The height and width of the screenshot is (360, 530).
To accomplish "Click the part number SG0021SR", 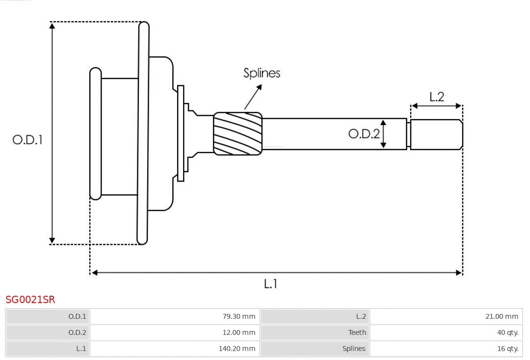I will tap(30, 299).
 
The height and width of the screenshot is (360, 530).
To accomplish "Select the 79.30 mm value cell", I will tap(175, 316).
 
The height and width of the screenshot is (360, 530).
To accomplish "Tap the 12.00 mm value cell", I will tap(175, 333).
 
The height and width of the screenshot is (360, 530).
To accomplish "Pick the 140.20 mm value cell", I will tap(175, 349).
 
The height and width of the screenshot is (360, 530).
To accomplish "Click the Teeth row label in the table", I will tap(315, 333).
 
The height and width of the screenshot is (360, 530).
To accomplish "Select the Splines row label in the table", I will tap(315, 349).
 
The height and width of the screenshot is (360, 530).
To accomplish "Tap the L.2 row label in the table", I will tap(315, 316).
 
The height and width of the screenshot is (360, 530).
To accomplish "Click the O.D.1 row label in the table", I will tap(48, 316).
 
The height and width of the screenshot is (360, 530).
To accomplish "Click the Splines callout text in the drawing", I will tap(262, 73).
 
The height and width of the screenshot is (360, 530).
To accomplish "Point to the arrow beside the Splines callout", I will tap(253, 97).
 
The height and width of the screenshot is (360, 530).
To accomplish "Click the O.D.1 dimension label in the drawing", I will tap(27, 140).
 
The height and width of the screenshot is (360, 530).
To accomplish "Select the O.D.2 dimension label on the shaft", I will tap(364, 133).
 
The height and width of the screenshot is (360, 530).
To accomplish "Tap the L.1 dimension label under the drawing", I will tap(270, 283).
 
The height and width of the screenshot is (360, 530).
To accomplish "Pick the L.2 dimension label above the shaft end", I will tap(436, 97).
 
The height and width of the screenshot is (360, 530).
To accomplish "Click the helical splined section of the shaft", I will tap(238, 133).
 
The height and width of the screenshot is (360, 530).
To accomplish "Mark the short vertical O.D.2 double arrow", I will tap(384, 133).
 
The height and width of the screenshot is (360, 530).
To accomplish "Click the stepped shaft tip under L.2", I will tap(436, 134).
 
